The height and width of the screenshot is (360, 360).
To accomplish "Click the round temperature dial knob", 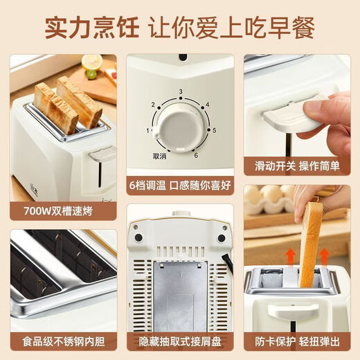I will [x=179, y=127].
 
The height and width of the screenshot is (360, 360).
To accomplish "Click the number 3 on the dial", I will [x=179, y=91].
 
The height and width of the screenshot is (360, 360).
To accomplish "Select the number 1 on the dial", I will [x=147, y=130].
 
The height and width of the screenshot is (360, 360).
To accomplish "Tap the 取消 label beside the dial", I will [x=160, y=156].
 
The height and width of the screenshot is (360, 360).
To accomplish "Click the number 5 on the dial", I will [x=215, y=130].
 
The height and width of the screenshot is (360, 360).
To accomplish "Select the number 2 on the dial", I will [x=154, y=105].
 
